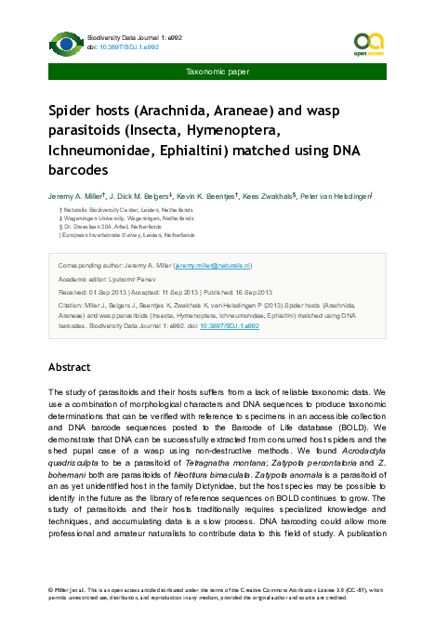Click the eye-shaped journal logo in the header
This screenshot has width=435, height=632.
click(x=66, y=44)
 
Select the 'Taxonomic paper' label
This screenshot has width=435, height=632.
click(x=217, y=70)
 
